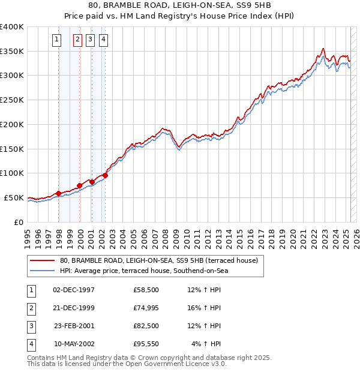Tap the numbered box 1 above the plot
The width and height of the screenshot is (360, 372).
tap(56, 40)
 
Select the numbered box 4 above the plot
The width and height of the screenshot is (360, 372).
tap(104, 40)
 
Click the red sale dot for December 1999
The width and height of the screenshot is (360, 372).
tap(80, 185)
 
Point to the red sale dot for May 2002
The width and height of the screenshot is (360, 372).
tap(105, 175)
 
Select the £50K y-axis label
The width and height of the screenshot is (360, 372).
tap(14, 197)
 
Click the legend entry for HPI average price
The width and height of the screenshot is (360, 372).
tap(144, 271)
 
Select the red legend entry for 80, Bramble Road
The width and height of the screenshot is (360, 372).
tap(158, 260)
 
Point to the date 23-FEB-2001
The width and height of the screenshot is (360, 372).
tap(74, 326)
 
